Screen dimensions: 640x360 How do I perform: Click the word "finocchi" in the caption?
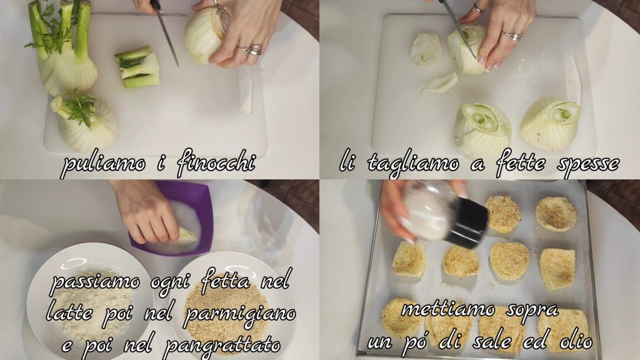click(216, 163)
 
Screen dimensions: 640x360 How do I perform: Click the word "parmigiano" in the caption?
click(240, 314)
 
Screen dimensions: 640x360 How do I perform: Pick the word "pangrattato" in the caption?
click(222, 345)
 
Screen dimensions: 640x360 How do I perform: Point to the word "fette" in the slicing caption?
click(520, 163)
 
